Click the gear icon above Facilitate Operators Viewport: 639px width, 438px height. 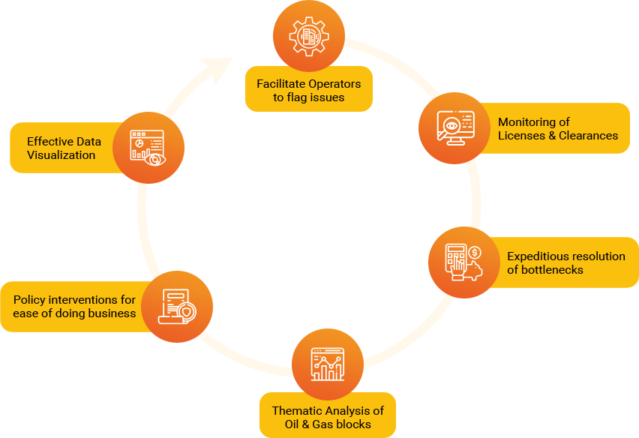(308, 34)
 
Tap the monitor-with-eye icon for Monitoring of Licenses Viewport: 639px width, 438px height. (455, 127)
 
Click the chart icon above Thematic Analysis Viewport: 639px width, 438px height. (327, 364)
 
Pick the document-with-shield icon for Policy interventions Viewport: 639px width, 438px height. (177, 306)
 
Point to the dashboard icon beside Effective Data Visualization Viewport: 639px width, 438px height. (148, 148)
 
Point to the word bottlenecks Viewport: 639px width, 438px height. (553, 269)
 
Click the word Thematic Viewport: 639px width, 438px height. (297, 410)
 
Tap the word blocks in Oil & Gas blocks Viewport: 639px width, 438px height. (352, 424)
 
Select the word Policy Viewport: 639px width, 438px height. (28, 299)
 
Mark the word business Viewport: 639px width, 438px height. (110, 313)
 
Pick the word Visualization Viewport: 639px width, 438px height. (61, 154)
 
